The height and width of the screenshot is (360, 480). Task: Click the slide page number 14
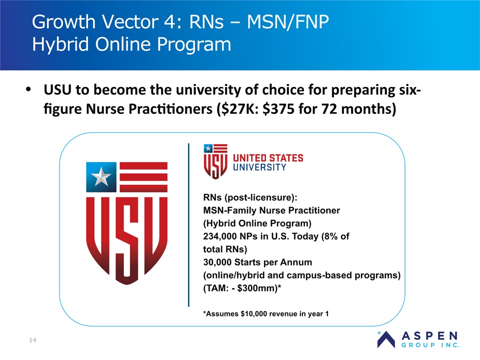tap(33, 340)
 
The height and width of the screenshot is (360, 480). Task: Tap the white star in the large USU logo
tap(101, 176)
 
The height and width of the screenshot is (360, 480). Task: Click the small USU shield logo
tap(215, 161)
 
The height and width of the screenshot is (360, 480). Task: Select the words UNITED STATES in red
tap(268, 158)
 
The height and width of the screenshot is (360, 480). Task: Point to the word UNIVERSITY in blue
tap(259, 167)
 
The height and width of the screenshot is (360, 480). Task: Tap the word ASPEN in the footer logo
tap(430, 336)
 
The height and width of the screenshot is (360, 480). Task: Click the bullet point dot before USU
tap(28, 89)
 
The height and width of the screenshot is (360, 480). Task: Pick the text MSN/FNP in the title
tap(287, 21)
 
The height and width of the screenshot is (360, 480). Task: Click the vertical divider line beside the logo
tap(188, 225)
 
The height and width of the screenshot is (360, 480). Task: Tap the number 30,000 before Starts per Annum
tap(217, 262)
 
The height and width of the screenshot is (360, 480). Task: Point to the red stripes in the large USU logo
tap(143, 177)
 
